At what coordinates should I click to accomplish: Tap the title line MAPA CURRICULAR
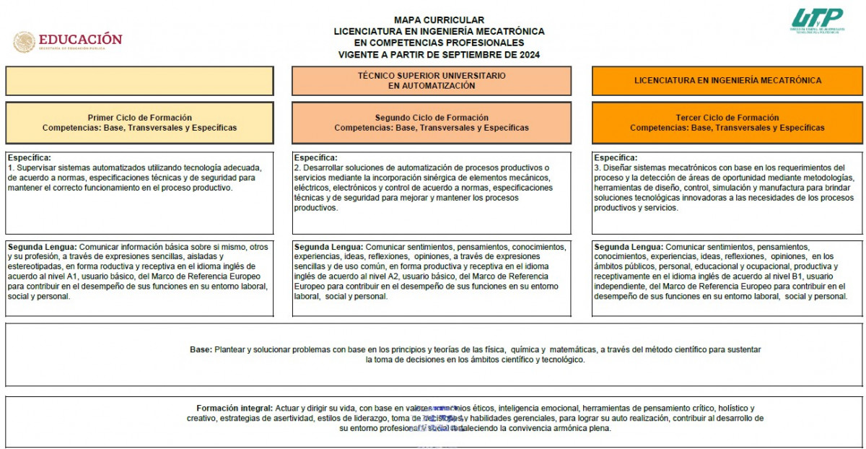pos(439,20)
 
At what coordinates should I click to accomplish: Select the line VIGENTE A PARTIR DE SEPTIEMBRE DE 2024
pos(439,55)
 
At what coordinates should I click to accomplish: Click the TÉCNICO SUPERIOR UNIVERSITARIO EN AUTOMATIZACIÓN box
pos(432,81)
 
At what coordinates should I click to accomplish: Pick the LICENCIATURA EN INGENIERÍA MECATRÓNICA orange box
pos(727,81)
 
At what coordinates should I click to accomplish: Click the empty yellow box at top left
pos(139,81)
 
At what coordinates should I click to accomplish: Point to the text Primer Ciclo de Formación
pos(140,118)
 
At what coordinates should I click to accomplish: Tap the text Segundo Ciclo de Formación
pos(432,118)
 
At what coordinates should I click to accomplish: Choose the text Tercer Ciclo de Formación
pos(727,118)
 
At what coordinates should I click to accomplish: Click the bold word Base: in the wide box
pos(201,349)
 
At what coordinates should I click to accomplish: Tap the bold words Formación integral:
pos(235,408)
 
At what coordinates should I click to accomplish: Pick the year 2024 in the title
pos(529,55)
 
